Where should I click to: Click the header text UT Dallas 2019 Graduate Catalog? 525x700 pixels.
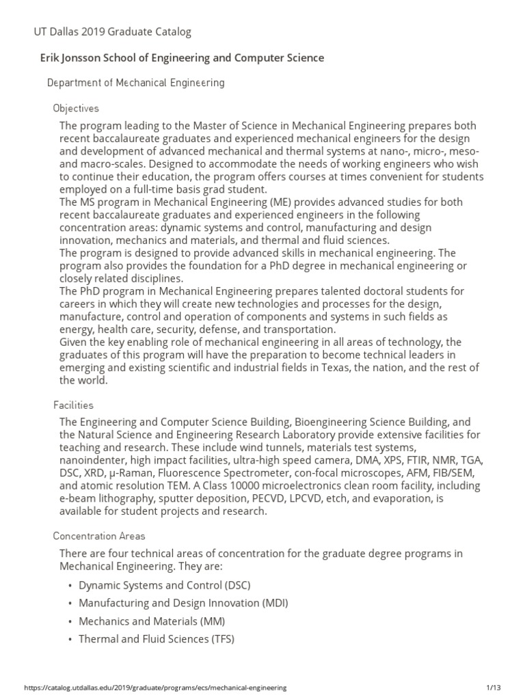click(113, 31)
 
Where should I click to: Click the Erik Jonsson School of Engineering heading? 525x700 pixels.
click(183, 58)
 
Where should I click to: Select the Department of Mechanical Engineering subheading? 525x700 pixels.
click(135, 83)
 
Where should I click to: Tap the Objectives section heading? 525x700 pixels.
click(76, 108)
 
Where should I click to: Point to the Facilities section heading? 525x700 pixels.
click(73, 405)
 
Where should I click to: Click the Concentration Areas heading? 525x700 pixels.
click(99, 536)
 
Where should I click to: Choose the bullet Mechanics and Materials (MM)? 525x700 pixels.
click(152, 621)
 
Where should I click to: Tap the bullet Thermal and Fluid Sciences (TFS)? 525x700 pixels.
click(157, 639)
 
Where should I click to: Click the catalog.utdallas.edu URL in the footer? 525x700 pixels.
click(146, 687)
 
